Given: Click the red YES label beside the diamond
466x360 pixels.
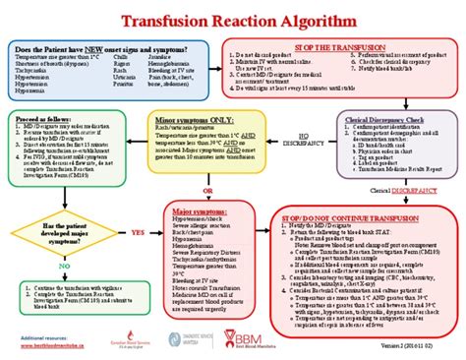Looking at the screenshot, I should coord(138,233).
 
